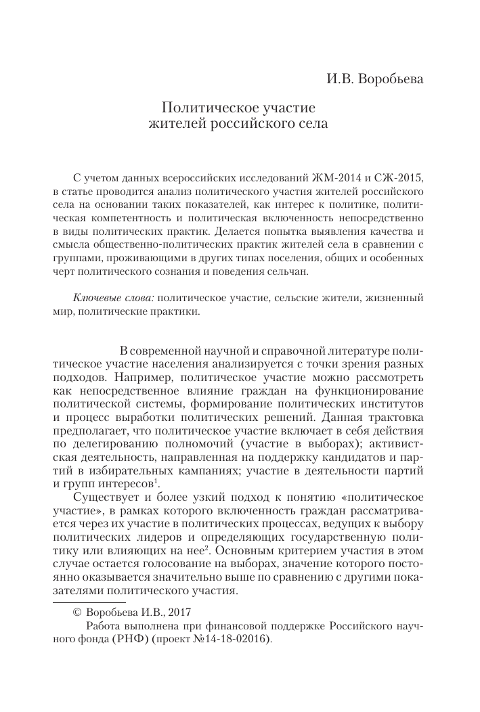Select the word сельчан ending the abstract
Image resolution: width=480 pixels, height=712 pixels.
click(x=287, y=272)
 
